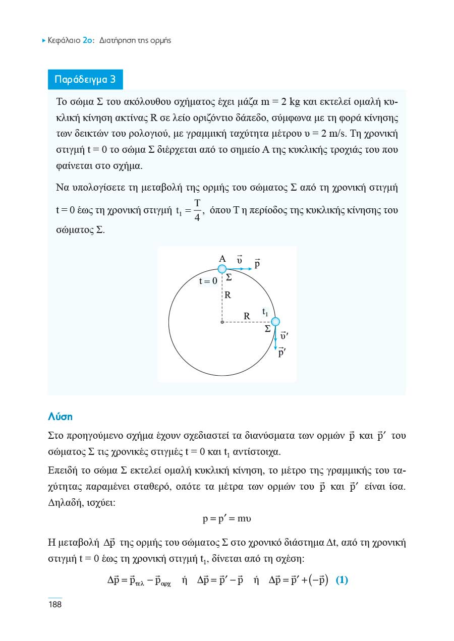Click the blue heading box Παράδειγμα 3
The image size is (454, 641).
(85, 80)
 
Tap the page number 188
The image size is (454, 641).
(54, 604)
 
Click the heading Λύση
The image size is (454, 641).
(60, 417)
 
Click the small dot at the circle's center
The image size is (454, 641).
(222, 322)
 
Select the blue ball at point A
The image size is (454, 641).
(222, 269)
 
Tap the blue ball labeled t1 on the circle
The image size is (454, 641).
(275, 322)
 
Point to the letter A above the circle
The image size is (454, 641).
(222, 258)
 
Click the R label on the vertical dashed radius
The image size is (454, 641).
(228, 296)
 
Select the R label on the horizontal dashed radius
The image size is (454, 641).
(247, 316)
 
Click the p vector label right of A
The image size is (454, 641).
(257, 264)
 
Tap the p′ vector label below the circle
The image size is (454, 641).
(282, 353)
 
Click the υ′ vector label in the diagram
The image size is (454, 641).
(284, 335)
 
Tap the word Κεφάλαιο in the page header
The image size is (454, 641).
(64, 40)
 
